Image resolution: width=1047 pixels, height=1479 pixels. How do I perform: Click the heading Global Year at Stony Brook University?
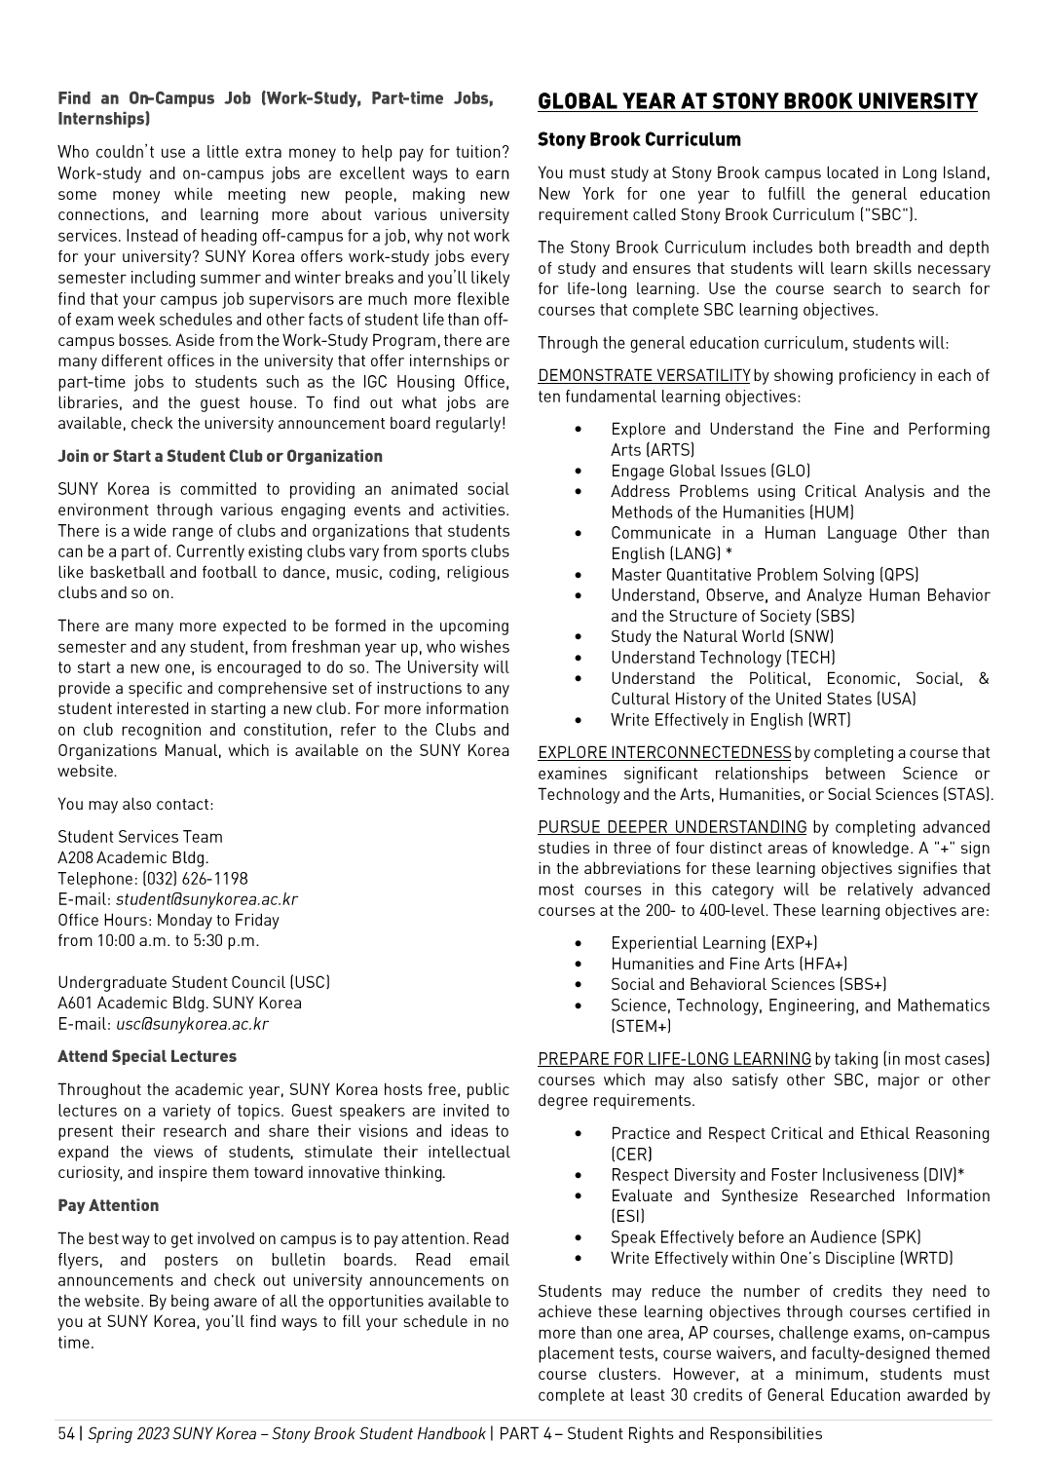pyautogui.click(x=757, y=102)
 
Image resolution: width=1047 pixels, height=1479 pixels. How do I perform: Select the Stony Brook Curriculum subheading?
pyautogui.click(x=639, y=139)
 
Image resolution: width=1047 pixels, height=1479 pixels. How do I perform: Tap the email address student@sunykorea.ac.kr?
pyautogui.click(x=206, y=899)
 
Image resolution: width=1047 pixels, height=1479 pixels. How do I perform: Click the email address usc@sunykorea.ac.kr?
pyautogui.click(x=192, y=1024)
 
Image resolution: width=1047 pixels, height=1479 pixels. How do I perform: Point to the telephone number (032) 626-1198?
pyautogui.click(x=195, y=879)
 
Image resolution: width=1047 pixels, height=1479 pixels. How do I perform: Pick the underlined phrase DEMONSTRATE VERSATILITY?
pyautogui.click(x=644, y=376)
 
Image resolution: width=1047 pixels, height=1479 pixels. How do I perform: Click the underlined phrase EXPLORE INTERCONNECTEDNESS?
pyautogui.click(x=664, y=753)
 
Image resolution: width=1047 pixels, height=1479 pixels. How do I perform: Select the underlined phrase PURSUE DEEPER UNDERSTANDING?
pyautogui.click(x=672, y=827)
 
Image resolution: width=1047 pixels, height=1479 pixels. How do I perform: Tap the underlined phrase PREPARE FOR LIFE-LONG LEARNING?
pyautogui.click(x=674, y=1059)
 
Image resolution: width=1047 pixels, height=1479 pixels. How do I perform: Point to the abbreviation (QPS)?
pyautogui.click(x=899, y=575)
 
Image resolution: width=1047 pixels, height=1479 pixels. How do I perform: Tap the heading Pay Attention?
pyautogui.click(x=108, y=1205)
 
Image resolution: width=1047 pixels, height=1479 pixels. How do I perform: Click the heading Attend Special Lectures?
pyautogui.click(x=147, y=1056)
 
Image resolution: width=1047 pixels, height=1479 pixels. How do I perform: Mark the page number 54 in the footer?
pyautogui.click(x=66, y=1433)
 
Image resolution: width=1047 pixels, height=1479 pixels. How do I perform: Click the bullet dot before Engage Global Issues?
pyautogui.click(x=579, y=471)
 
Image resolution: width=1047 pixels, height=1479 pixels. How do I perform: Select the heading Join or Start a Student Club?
pyautogui.click(x=220, y=456)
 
